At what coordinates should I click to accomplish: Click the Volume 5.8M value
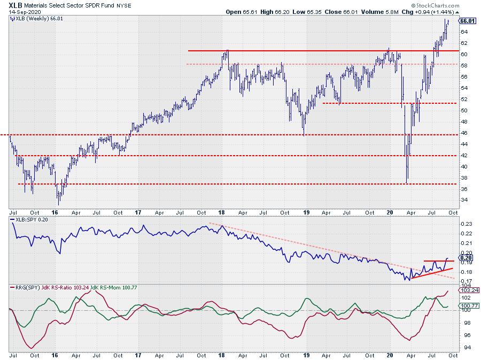pyautogui.click(x=381, y=11)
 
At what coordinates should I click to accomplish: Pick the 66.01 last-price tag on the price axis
pyautogui.click(x=468, y=21)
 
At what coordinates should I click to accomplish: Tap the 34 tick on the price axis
pyautogui.click(x=464, y=200)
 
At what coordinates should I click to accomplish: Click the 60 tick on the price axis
pyautogui.click(x=464, y=54)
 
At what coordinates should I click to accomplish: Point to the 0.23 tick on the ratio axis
pyautogui.click(x=466, y=224)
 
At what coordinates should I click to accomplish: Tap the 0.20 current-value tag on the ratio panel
pyautogui.click(x=467, y=257)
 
